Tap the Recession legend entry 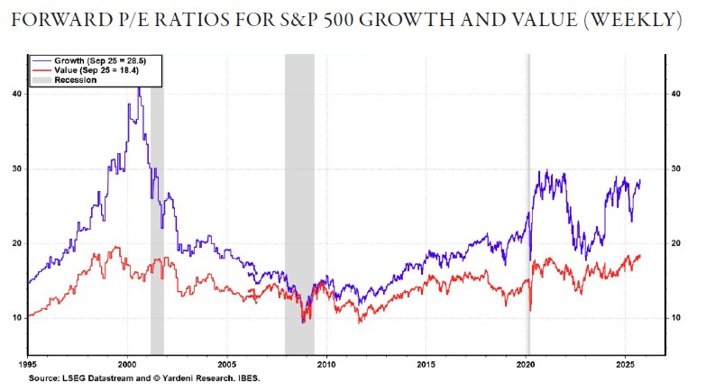click(x=75, y=80)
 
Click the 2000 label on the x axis click(x=127, y=365)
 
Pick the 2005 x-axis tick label click(x=227, y=365)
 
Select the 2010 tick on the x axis click(x=326, y=365)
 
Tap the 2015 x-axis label click(x=426, y=365)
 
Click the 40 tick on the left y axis click(x=17, y=94)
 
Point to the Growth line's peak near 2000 click(x=139, y=87)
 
